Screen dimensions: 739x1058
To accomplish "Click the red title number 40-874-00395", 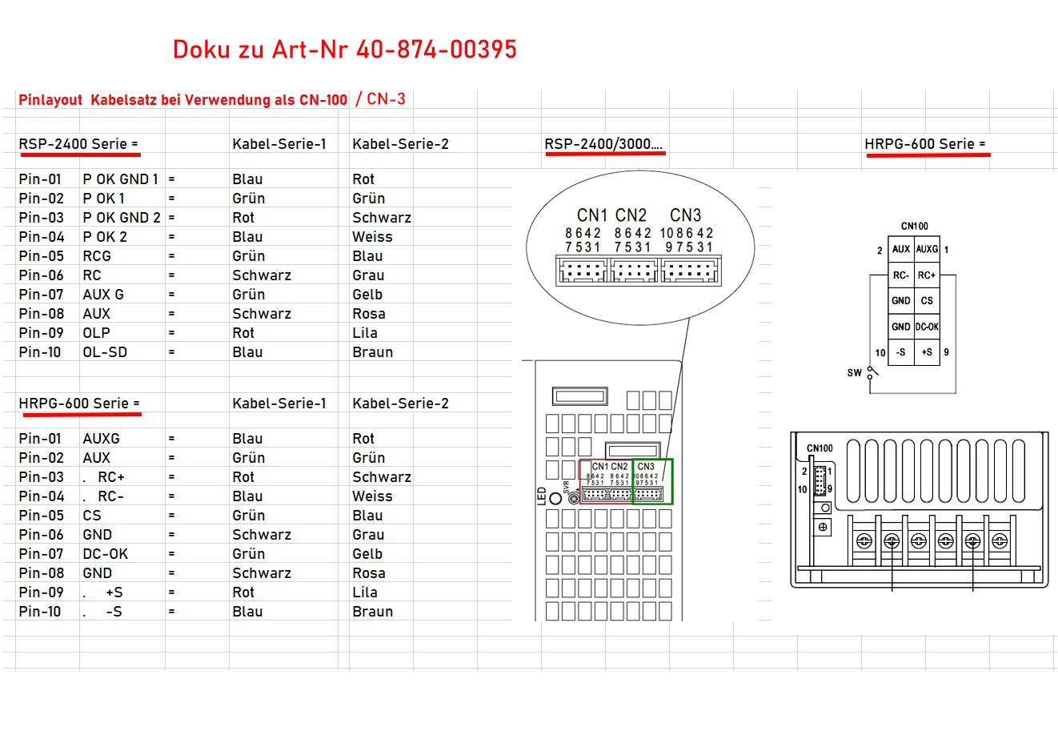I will click(436, 50).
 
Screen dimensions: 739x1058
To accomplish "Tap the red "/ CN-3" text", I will click(381, 99).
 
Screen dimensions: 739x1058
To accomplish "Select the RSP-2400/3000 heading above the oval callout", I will click(603, 144).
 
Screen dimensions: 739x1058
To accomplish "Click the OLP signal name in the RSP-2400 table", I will click(96, 333).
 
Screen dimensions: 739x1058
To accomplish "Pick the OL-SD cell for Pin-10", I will click(105, 352).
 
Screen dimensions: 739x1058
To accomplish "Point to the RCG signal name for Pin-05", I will click(97, 256).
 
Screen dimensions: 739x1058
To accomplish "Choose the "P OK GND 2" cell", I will click(122, 218).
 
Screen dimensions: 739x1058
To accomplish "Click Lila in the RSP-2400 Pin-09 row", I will click(365, 333).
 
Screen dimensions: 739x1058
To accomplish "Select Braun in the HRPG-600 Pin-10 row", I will click(373, 612).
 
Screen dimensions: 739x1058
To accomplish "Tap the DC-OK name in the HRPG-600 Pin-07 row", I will click(106, 554).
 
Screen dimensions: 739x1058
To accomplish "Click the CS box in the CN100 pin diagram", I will click(927, 301).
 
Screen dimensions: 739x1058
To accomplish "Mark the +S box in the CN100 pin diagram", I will click(927, 352).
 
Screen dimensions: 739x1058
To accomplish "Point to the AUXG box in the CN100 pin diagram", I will click(927, 250).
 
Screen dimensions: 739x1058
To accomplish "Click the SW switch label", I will click(855, 373).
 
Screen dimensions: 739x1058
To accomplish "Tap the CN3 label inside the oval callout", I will click(685, 215).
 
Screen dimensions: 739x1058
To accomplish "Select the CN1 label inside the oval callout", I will click(592, 215).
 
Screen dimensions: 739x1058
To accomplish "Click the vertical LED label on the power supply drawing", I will click(542, 496).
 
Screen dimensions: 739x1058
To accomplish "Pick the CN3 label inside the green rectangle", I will click(646, 467).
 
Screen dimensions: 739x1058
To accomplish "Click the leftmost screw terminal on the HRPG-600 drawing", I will click(864, 541).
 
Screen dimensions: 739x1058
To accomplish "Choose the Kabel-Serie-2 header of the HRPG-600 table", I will click(400, 404).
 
